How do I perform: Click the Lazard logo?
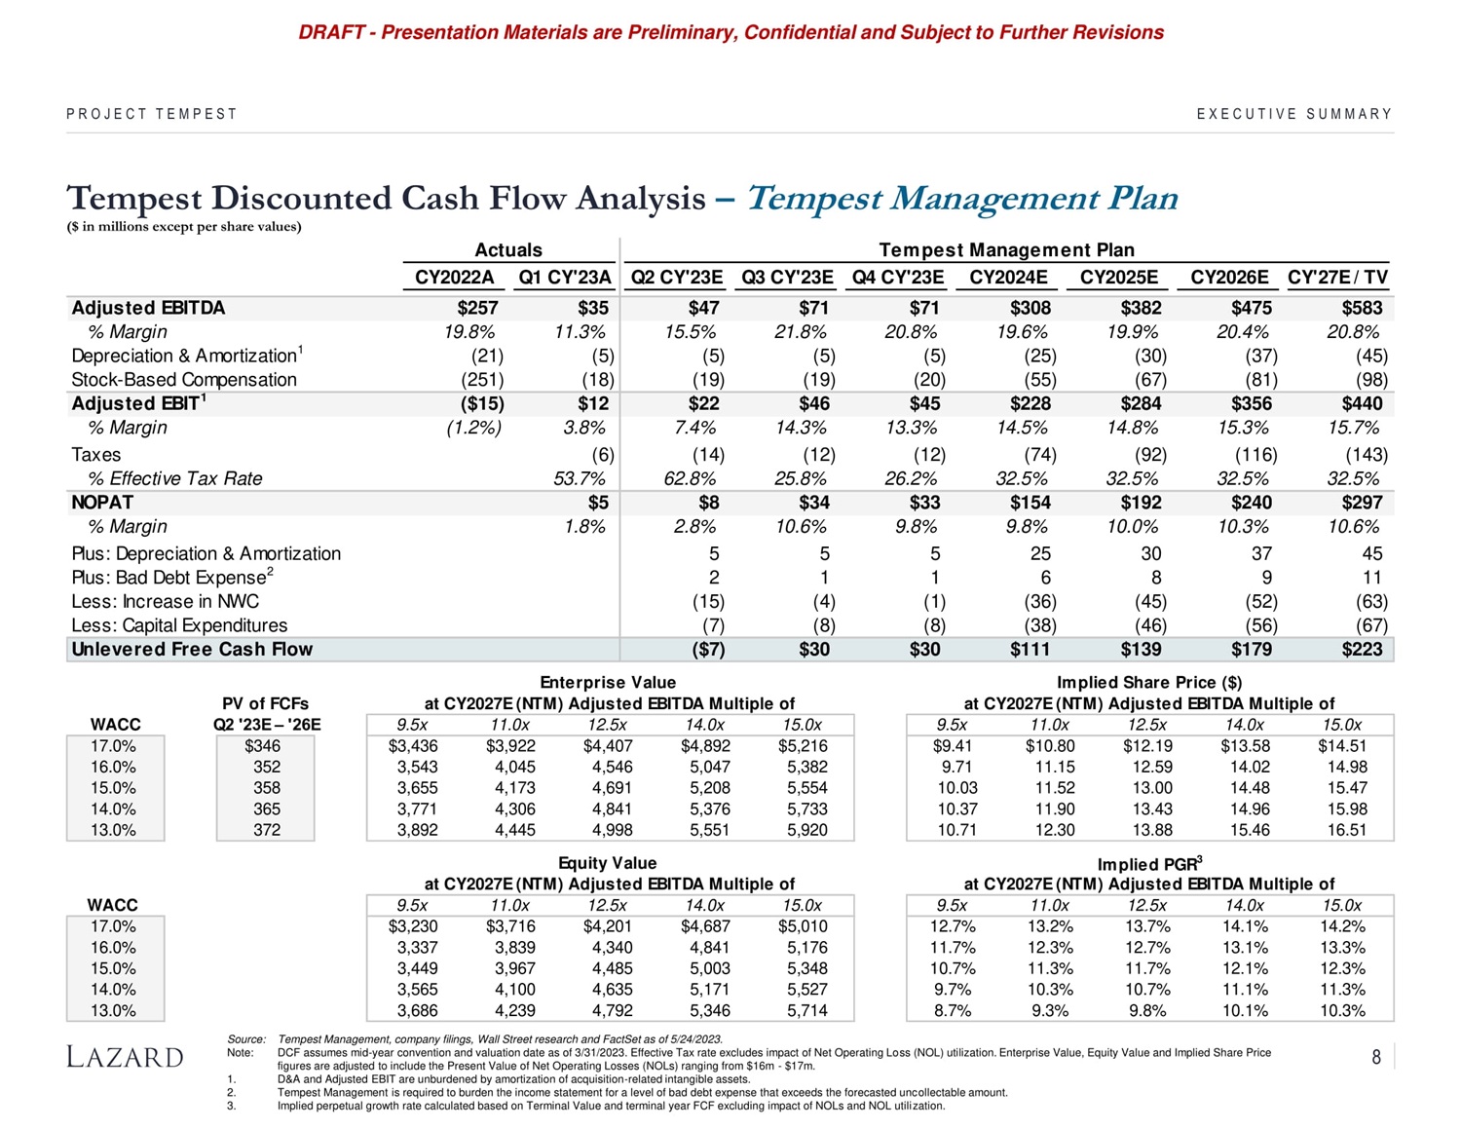(124, 1057)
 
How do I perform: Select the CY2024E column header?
(1008, 277)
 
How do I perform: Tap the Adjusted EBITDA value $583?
(1362, 308)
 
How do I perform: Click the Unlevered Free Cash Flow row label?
(192, 650)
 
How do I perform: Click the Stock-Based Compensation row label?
(184, 380)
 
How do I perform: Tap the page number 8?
(1376, 1057)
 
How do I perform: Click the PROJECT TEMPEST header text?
(152, 114)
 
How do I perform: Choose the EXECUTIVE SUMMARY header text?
(1294, 114)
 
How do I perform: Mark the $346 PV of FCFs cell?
(263, 746)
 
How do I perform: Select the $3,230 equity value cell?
(413, 926)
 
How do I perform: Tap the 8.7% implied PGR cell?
(952, 1010)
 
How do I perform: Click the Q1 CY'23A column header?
(564, 277)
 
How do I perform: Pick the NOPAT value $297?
(1362, 503)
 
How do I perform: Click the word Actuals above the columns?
(508, 250)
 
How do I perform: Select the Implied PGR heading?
(1149, 864)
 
